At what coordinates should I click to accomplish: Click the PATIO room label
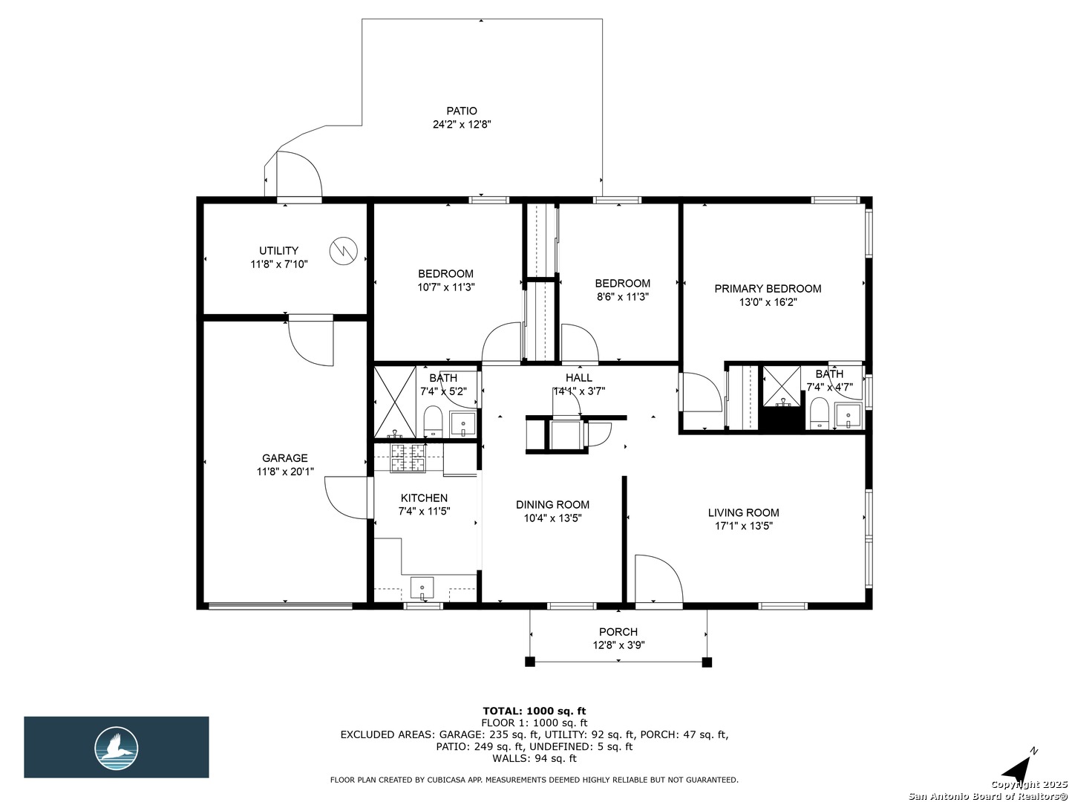(x=461, y=111)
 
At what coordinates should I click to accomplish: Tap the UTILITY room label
(x=278, y=251)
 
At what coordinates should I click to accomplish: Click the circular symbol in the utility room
(x=344, y=251)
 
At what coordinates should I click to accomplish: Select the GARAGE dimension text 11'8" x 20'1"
(x=285, y=472)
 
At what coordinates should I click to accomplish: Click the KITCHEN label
(x=424, y=498)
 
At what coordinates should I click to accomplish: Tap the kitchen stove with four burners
(x=408, y=458)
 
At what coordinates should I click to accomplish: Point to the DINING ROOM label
(x=552, y=504)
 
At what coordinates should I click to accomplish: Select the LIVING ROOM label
(x=743, y=512)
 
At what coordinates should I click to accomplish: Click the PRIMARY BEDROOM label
(x=768, y=288)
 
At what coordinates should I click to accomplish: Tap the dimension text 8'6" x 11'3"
(x=622, y=296)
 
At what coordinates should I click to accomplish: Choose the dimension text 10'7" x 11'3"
(x=445, y=287)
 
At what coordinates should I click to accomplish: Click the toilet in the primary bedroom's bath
(x=820, y=413)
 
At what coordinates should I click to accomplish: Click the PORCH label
(x=618, y=631)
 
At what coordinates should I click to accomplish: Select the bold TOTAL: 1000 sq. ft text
(x=534, y=711)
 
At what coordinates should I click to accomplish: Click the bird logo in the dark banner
(x=117, y=748)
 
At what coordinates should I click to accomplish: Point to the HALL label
(x=578, y=377)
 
